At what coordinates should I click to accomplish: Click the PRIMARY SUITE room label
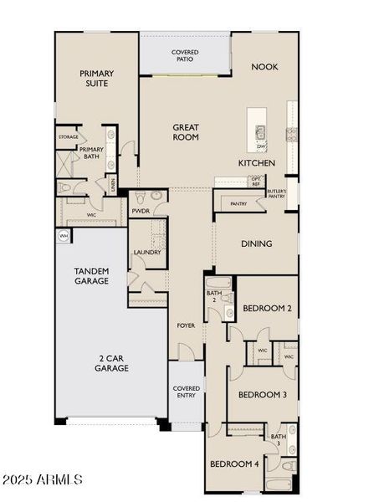[x=96, y=78]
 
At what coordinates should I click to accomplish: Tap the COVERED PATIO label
[x=185, y=56]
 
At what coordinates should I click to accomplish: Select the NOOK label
[x=264, y=67]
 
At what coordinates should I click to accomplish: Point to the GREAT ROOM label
[x=186, y=132]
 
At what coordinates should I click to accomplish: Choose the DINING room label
[x=257, y=244]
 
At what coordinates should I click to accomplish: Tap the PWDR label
[x=141, y=211]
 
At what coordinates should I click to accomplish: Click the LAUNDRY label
[x=146, y=252]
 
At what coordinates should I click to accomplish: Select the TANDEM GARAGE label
[x=91, y=276]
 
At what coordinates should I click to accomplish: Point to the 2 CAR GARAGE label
[x=110, y=362]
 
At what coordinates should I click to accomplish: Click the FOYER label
[x=185, y=325]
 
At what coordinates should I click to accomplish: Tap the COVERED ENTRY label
[x=186, y=392]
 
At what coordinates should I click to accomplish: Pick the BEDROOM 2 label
[x=267, y=309]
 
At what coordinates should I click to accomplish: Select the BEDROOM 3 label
[x=262, y=395]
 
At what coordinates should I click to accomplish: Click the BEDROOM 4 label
[x=233, y=464]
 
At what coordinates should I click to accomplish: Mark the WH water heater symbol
[x=63, y=237]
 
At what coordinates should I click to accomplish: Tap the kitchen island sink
[x=260, y=131]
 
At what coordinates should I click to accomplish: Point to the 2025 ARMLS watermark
[x=42, y=479]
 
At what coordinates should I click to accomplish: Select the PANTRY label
[x=238, y=203]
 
